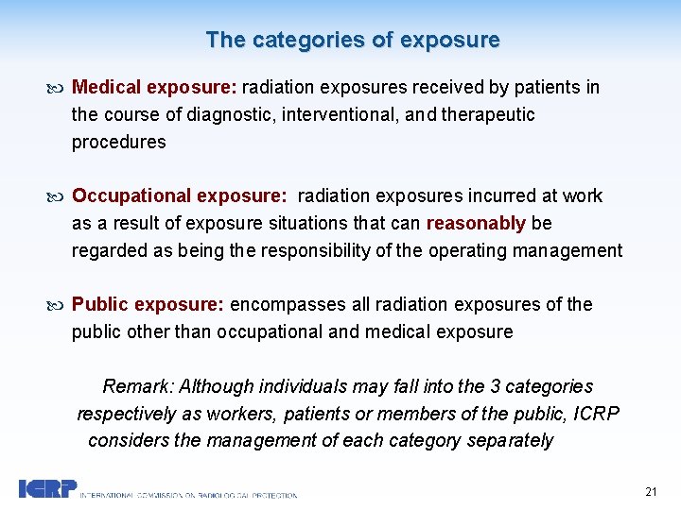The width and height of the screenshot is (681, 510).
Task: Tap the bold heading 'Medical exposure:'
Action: pyautogui.click(x=154, y=88)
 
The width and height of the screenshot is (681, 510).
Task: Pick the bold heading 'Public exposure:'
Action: pyautogui.click(x=148, y=305)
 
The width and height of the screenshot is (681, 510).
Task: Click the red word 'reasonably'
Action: pyautogui.click(x=476, y=224)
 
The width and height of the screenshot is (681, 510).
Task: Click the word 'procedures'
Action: pyautogui.click(x=118, y=143)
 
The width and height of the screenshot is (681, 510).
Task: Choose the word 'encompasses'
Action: pyautogui.click(x=288, y=305)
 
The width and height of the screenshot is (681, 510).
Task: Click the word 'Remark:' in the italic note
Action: pyautogui.click(x=138, y=387)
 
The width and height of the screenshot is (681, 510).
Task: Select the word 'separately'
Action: pyautogui.click(x=510, y=441)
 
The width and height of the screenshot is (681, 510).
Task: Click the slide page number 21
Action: pyautogui.click(x=651, y=491)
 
